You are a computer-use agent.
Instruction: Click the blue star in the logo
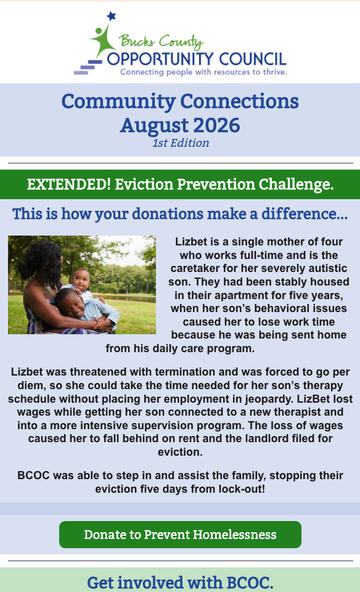[x=112, y=16]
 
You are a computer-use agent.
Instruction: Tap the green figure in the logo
[x=102, y=41]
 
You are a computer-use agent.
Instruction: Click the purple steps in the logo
[x=88, y=67]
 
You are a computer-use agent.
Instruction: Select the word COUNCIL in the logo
[x=253, y=59]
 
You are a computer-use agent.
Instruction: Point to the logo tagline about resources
[x=203, y=72]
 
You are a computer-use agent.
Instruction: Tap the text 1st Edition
[x=181, y=142]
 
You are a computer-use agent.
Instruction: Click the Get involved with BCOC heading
[x=181, y=582]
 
